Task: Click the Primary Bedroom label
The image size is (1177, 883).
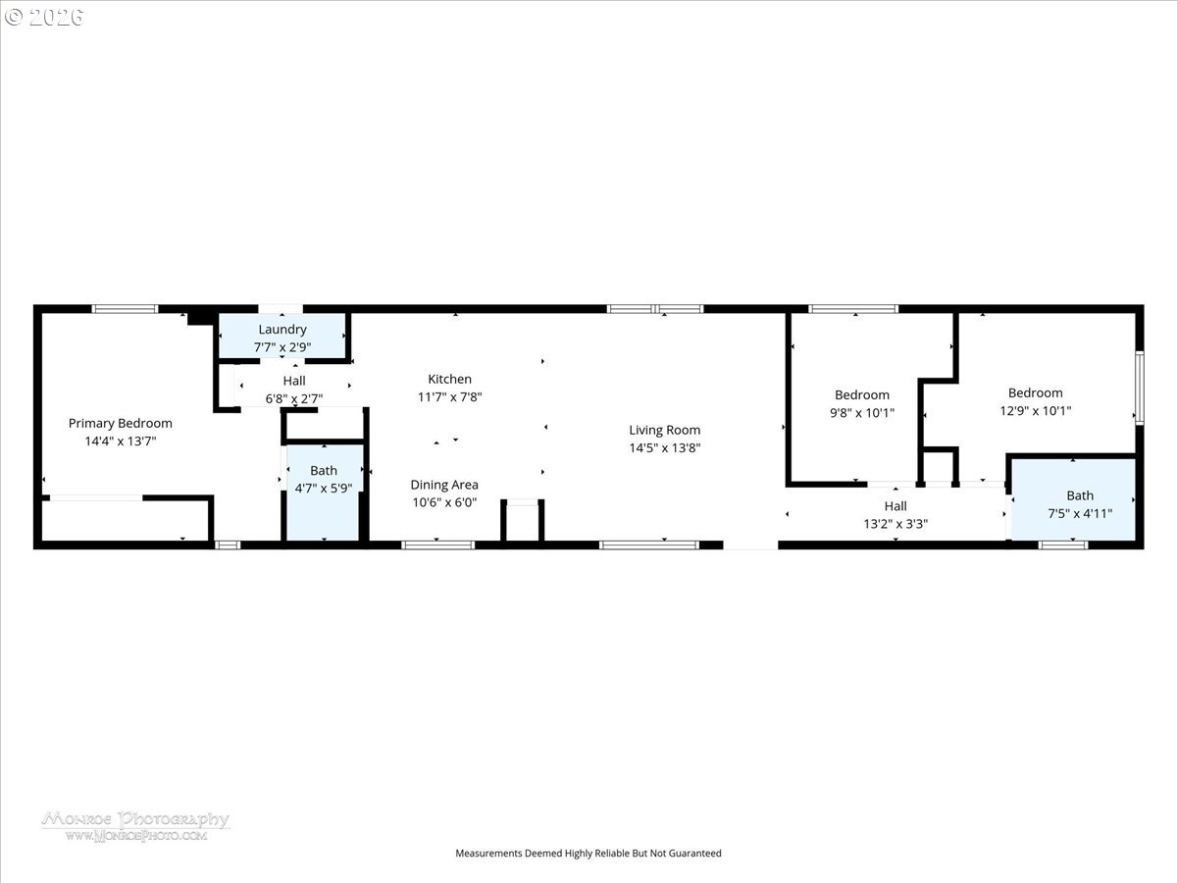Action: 120,424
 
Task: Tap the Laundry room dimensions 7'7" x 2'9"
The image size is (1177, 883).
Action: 282,347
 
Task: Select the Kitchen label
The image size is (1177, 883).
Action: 449,379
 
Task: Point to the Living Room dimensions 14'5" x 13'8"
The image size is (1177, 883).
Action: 664,447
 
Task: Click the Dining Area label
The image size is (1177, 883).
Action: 444,485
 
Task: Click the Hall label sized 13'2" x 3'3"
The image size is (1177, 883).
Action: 896,506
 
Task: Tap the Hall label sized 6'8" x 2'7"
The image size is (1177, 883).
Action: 294,381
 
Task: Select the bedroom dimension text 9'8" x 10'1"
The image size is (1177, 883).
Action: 862,413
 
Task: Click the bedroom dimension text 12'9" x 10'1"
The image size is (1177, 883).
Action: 1035,411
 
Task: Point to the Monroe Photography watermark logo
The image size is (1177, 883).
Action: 135,826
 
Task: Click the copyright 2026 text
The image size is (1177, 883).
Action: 44,17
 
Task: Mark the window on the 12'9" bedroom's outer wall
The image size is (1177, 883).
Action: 1140,388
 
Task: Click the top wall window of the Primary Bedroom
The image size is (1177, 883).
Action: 125,309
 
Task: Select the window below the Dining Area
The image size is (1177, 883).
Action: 437,545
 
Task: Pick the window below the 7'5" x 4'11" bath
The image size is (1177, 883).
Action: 1063,545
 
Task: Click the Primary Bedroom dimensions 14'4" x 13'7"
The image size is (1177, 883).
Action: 120,441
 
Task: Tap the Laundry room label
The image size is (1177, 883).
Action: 282,330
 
